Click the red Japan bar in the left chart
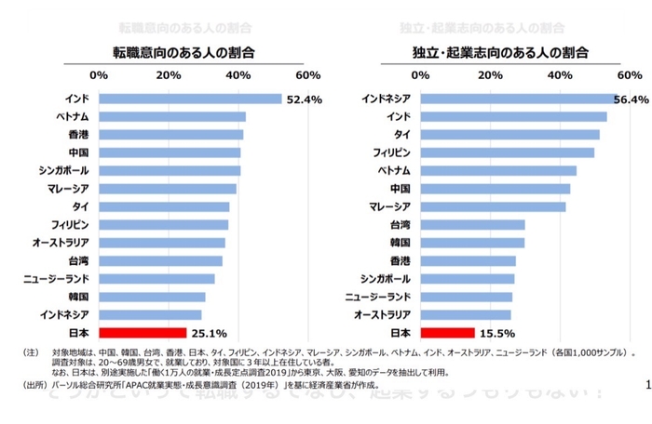(x=142, y=332)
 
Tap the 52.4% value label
(x=304, y=99)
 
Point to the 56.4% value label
(x=631, y=99)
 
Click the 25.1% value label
(x=209, y=332)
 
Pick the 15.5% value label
(x=496, y=332)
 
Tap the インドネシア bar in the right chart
(x=518, y=99)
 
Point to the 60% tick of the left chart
(x=307, y=74)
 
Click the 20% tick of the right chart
(x=490, y=74)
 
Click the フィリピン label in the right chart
(x=392, y=152)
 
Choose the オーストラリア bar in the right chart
(x=466, y=314)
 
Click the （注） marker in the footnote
(x=31, y=352)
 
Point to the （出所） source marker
(x=33, y=383)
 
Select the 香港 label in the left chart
(x=78, y=134)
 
